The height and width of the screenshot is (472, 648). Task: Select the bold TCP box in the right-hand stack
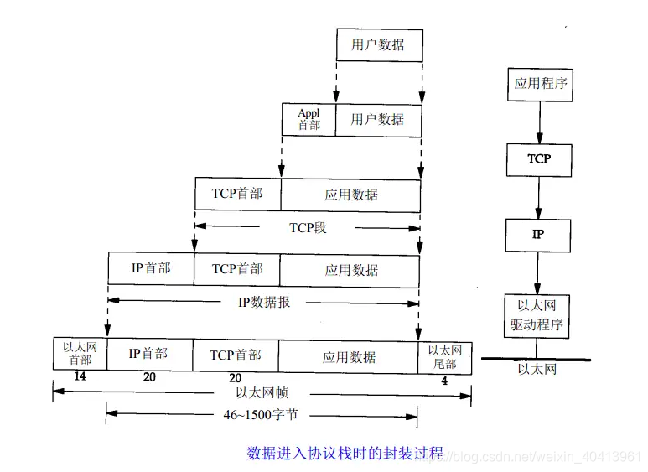[539, 158]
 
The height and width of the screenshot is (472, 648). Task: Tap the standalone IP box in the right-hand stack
[538, 235]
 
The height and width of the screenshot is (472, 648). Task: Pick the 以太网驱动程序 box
[537, 316]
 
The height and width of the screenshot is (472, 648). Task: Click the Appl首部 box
[308, 119]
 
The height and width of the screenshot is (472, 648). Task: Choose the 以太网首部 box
[80, 354]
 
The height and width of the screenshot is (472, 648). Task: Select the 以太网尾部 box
[444, 356]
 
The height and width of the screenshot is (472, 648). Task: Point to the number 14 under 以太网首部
[80, 377]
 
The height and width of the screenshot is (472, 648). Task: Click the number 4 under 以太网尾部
[444, 381]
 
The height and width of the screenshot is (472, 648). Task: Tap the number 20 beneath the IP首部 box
[149, 378]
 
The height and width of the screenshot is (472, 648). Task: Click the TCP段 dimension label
[308, 227]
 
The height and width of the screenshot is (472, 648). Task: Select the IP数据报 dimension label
[264, 302]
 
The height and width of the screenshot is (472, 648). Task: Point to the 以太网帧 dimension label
[263, 391]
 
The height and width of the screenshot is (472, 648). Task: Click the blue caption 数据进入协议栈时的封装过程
[345, 453]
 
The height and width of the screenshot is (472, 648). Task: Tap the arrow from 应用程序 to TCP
[539, 122]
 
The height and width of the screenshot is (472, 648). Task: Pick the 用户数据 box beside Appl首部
[377, 119]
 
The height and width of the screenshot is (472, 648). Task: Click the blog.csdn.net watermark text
[544, 456]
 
